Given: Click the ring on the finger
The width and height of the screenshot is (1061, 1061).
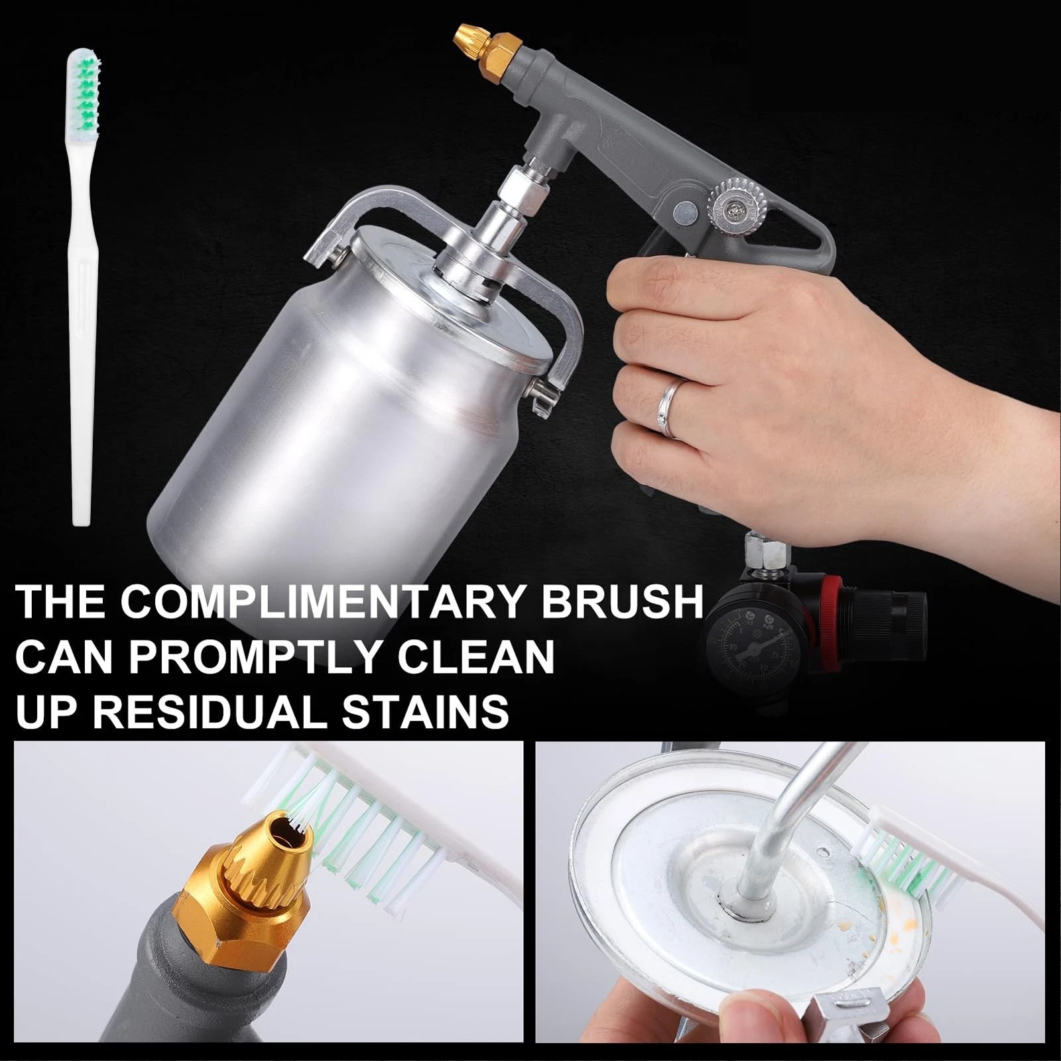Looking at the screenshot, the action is tap(671, 408).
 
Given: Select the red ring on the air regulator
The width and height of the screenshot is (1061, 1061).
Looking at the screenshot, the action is tap(833, 601).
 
